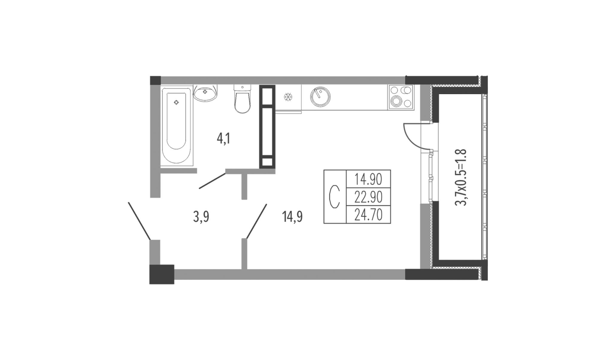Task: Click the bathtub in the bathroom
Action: tap(177, 125)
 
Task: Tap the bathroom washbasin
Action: tap(205, 93)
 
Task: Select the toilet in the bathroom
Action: tap(242, 99)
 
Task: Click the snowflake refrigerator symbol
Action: tap(288, 97)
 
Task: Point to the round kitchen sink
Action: tap(320, 97)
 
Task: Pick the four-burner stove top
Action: tap(400, 97)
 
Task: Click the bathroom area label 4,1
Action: tap(224, 139)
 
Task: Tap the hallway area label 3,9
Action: tap(201, 217)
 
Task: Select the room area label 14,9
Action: tap(292, 217)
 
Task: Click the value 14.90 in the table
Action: tap(368, 179)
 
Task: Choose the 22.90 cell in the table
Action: tap(368, 197)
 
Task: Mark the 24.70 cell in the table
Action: tap(368, 215)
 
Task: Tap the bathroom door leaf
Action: tap(213, 181)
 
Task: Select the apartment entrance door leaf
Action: tap(139, 221)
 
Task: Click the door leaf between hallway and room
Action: tap(256, 221)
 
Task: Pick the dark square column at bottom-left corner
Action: tap(162, 274)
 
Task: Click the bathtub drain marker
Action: tap(177, 103)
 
